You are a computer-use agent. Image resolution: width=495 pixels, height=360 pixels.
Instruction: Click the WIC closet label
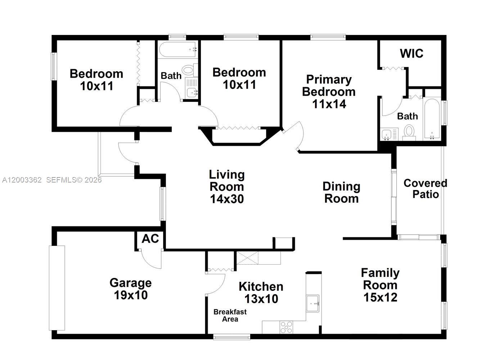click(x=411, y=54)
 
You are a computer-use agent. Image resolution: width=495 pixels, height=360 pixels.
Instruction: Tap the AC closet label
click(x=150, y=239)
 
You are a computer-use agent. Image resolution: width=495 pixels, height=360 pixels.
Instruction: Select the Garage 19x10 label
click(x=130, y=289)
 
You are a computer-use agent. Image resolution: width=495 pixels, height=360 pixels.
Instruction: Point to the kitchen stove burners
click(x=287, y=327)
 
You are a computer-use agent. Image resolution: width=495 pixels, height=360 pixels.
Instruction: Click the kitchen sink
click(x=312, y=303)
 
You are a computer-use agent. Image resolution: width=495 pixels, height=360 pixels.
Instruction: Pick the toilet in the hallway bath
click(x=189, y=69)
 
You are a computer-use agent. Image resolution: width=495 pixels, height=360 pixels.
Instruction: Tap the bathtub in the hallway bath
click(x=178, y=49)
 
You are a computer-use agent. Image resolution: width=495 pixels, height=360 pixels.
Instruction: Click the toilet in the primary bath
click(x=409, y=131)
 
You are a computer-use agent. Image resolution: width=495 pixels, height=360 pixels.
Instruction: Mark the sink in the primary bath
click(x=386, y=134)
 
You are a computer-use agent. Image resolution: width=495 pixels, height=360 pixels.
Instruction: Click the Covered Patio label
click(x=425, y=189)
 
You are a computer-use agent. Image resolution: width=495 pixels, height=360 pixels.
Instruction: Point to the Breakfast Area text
click(x=230, y=315)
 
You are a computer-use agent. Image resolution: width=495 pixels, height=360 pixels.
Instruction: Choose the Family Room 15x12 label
click(x=380, y=285)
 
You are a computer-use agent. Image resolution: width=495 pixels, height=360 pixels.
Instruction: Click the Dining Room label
click(x=341, y=192)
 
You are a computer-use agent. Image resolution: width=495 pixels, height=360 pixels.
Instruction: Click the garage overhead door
click(x=57, y=288)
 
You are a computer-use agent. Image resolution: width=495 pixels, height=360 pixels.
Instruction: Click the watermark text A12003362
click(x=22, y=180)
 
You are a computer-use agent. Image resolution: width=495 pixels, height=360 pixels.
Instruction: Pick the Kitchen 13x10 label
click(x=261, y=292)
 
